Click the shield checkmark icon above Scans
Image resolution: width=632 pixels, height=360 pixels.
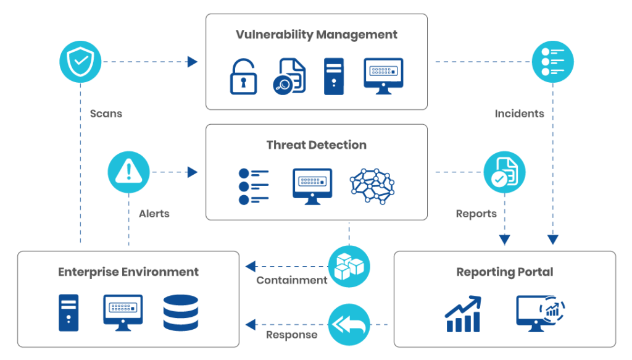pos(80,62)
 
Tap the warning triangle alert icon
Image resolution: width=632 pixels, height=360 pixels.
pos(128,172)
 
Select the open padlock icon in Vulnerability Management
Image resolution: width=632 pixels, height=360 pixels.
pos(243,76)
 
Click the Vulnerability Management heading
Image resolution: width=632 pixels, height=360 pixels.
pos(317,35)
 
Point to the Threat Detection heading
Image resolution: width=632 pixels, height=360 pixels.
pos(317,146)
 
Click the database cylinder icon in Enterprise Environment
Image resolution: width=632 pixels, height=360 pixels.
pos(181,312)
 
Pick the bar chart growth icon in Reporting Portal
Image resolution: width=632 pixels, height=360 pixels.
pos(463,314)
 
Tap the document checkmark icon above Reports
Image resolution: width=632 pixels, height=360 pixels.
pos(504,172)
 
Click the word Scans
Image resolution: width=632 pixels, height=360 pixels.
pos(106,114)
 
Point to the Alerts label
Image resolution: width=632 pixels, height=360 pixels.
pos(154,214)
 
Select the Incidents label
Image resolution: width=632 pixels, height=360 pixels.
pos(519,114)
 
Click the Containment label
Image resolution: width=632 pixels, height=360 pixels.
pos(291,280)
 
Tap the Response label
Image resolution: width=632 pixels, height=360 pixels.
pos(291,335)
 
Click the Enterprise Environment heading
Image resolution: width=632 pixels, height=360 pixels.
pos(128,272)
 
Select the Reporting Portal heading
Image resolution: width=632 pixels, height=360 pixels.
pos(504,272)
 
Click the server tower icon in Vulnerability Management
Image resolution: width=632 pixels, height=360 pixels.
pos(334,76)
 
